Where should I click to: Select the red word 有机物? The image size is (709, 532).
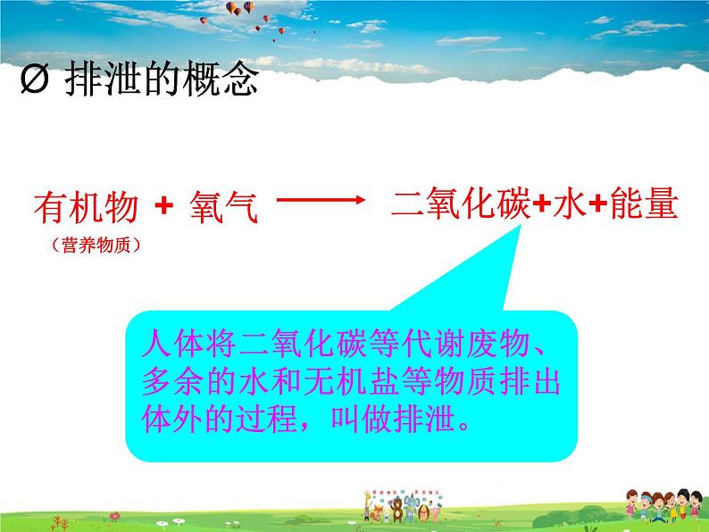point(86,209)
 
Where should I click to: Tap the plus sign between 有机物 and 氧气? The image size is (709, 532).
point(163,207)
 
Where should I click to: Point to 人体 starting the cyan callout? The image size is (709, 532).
point(163,344)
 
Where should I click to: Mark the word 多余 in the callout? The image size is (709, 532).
point(163,381)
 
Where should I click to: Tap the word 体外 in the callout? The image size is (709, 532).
point(163,420)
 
